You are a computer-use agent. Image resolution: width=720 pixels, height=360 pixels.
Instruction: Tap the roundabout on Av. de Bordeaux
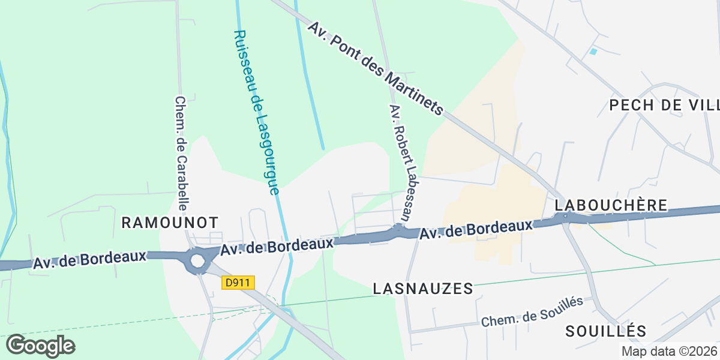197,261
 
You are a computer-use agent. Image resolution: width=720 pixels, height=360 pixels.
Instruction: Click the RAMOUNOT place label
170,223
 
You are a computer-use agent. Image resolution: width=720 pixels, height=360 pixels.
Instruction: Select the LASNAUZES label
423,289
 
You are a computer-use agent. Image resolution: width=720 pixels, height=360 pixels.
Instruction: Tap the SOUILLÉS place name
606,331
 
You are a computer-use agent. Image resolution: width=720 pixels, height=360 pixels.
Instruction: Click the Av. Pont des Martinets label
376,69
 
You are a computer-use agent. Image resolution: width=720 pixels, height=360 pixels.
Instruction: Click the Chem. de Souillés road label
532,312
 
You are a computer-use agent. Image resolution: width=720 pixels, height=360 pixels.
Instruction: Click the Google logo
41,346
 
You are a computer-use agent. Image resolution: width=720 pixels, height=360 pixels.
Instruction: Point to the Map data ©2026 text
669,351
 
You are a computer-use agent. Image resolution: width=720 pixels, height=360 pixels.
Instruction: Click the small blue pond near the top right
593,52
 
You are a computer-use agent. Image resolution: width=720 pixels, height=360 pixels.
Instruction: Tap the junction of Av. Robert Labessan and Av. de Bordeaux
398,230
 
